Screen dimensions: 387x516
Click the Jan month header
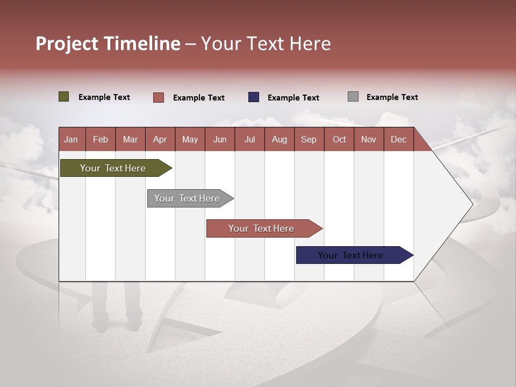coord(71,139)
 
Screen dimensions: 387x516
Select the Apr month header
coord(160,139)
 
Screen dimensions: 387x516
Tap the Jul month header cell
coord(249,139)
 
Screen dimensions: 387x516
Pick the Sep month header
coord(309,139)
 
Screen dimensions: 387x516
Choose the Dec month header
coord(398,139)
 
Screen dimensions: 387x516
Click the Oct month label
coord(339,139)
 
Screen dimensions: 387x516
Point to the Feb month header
coord(101,139)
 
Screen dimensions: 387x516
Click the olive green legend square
coord(64,97)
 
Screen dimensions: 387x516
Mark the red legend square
coord(159,97)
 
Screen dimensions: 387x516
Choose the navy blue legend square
coord(254,97)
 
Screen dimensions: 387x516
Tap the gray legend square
coord(353,97)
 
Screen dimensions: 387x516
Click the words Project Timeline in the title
coord(108,44)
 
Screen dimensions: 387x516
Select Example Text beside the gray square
coord(392,97)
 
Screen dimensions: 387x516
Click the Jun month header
coord(220,139)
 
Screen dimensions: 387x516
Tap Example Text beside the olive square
coord(104,97)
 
